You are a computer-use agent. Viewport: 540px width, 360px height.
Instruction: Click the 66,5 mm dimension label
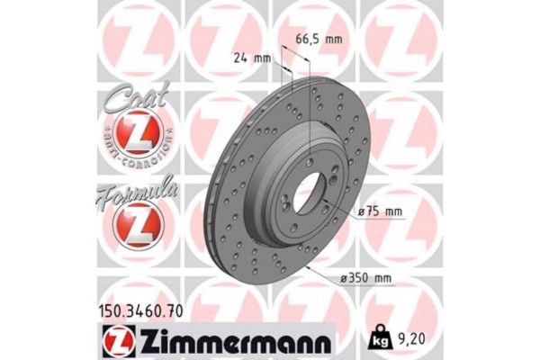320,39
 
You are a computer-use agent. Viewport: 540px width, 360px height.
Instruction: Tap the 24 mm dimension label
251,58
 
